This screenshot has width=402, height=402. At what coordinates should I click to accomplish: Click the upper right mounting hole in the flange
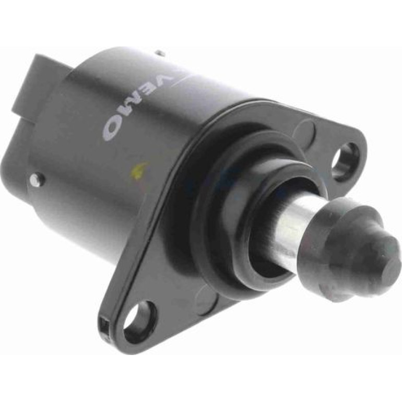pyautogui.click(x=345, y=161)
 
